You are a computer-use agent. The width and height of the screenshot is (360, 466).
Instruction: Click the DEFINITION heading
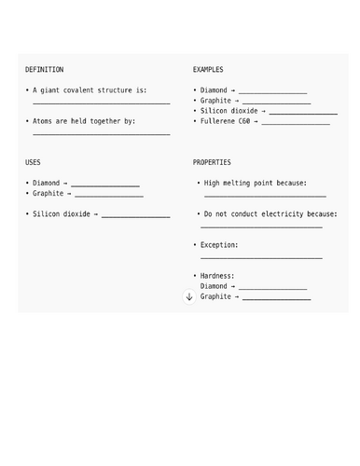tap(45, 70)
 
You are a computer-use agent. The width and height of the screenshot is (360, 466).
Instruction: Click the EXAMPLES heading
tap(208, 70)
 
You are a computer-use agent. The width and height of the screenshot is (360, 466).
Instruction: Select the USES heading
tap(33, 162)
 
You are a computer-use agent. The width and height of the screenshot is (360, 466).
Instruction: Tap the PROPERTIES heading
tap(212, 162)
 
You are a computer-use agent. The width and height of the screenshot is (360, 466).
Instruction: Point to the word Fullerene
tap(218, 121)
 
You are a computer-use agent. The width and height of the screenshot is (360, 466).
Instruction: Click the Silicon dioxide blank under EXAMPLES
tap(303, 113)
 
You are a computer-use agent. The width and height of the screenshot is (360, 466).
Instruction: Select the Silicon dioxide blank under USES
tap(135, 216)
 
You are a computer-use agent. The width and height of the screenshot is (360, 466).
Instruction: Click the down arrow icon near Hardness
tap(189, 296)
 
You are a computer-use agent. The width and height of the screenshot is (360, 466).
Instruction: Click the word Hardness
tap(217, 276)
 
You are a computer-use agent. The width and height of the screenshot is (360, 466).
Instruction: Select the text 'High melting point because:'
tap(255, 184)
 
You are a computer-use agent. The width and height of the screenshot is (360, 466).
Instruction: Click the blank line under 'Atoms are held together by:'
tap(101, 134)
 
